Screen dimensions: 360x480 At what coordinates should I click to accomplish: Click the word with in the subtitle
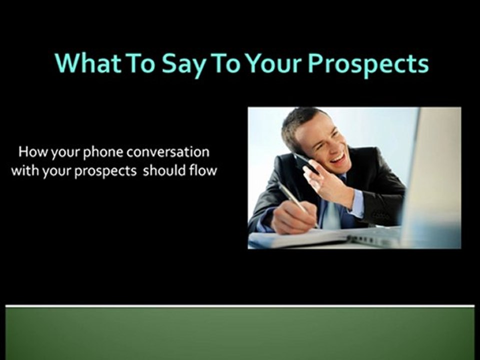point(22,170)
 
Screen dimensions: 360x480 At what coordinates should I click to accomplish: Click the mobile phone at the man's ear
point(304,162)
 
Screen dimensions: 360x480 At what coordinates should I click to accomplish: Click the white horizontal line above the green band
point(240,305)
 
